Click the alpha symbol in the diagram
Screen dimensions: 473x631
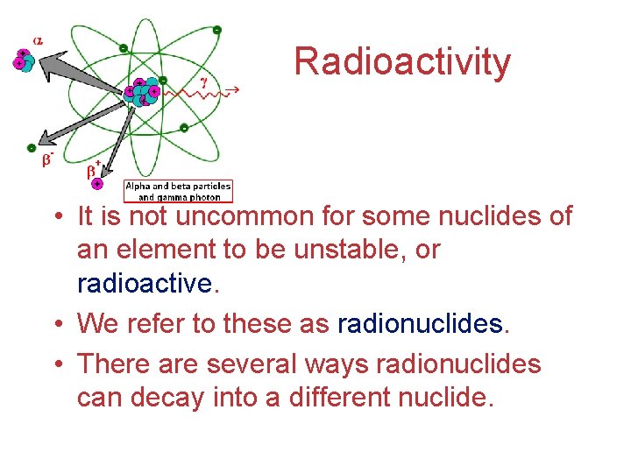pos(38,39)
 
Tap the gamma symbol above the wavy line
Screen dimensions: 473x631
pos(204,81)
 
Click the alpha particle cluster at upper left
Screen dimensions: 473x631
pos(22,60)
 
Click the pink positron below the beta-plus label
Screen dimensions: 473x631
pos(96,185)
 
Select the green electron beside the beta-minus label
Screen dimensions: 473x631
pos(32,148)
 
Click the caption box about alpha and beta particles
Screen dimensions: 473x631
pos(178,191)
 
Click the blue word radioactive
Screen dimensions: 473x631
pos(144,285)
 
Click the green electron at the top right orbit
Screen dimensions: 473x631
pos(216,30)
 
